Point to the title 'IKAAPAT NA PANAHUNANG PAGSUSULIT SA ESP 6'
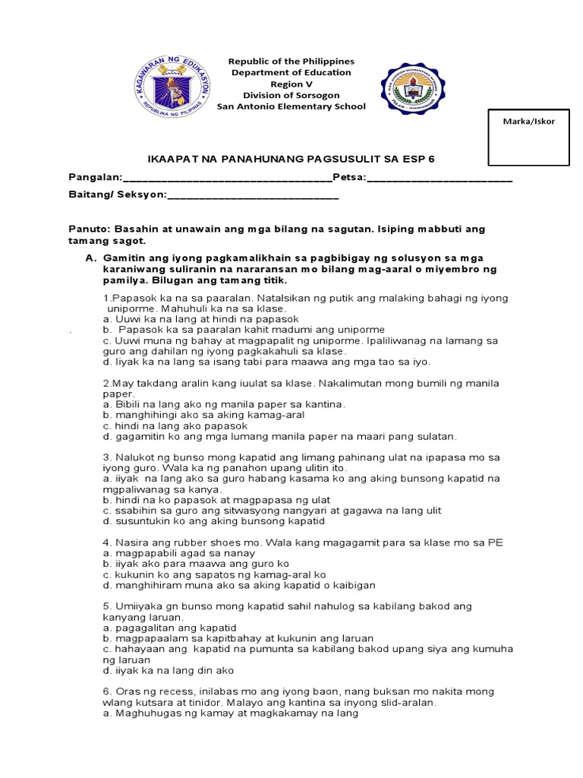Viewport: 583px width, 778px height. tap(291, 158)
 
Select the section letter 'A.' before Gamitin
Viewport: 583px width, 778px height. tap(91, 258)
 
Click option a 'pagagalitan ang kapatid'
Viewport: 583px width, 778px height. tap(169, 628)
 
